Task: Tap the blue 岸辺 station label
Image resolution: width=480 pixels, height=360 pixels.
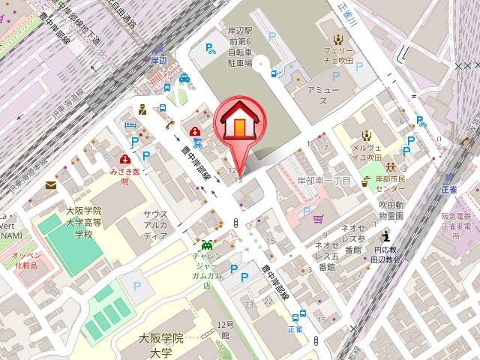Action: (x=158, y=60)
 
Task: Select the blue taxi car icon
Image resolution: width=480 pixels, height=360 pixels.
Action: (x=184, y=78)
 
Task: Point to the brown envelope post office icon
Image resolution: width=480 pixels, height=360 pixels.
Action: (x=51, y=185)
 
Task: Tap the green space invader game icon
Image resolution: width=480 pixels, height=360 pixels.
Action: (x=207, y=244)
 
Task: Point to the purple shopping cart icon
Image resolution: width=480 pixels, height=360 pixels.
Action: (x=318, y=220)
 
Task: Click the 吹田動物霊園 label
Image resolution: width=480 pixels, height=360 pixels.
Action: (x=391, y=210)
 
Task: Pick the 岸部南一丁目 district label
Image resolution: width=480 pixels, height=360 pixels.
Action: (x=323, y=181)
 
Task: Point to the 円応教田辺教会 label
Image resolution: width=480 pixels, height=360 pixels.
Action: (x=385, y=254)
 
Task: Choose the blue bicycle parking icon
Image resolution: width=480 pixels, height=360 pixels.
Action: (x=212, y=50)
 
